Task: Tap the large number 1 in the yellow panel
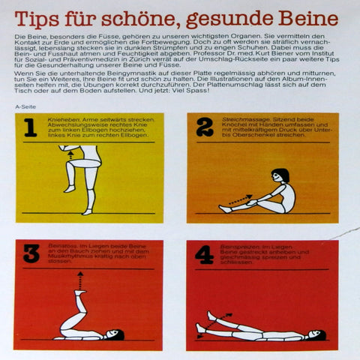30,128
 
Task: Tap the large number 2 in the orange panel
204,127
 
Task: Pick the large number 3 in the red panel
31,254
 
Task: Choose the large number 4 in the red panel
204,255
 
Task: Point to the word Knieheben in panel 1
61,118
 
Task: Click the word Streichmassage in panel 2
238,118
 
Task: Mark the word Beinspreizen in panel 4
236,246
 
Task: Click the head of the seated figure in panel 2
281,178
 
